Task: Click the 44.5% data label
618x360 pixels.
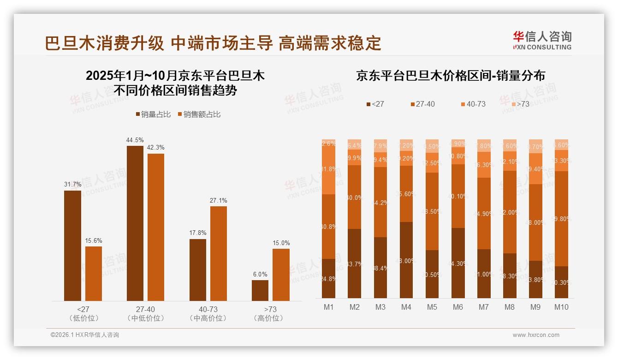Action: pos(135,140)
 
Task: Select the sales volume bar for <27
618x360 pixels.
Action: pos(72,246)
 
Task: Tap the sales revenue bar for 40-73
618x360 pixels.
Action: pos(218,253)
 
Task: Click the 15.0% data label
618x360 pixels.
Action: pos(281,243)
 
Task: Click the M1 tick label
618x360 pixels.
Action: pos(328,307)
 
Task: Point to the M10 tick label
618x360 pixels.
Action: pos(561,307)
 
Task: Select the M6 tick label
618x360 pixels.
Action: pos(458,307)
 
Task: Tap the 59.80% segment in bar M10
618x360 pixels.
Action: pos(561,219)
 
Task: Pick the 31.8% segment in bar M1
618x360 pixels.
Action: pos(328,169)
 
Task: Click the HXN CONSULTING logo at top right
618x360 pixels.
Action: pos(542,41)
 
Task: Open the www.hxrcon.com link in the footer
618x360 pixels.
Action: pos(536,335)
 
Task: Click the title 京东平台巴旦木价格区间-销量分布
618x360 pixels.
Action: pos(450,76)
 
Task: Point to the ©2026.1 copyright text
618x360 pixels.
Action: pos(85,335)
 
